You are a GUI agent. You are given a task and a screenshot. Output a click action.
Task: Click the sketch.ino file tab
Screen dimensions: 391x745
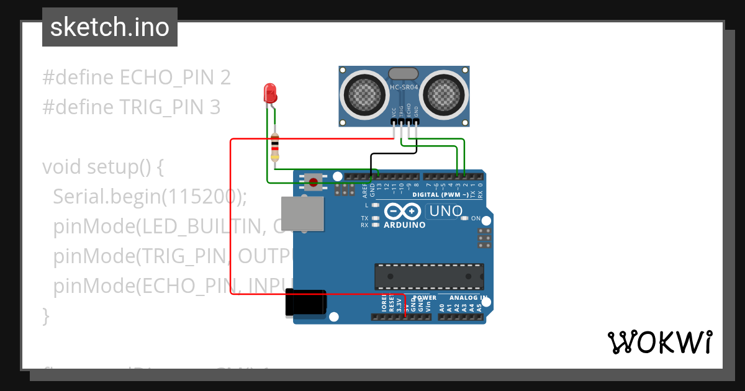pos(110,27)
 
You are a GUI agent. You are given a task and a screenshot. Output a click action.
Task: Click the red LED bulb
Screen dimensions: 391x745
pos(270,94)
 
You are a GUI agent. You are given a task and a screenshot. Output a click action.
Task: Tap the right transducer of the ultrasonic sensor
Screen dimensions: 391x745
pos(445,94)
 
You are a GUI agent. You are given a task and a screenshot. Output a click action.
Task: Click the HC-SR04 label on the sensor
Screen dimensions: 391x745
pos(404,87)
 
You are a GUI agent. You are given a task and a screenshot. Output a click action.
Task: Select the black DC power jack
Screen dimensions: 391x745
pos(305,303)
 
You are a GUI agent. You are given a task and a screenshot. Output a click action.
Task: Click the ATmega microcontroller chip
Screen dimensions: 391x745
pos(428,276)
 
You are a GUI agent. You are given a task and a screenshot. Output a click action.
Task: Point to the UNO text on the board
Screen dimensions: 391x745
pos(446,211)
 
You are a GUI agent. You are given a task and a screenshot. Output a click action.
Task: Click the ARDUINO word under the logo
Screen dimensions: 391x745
pos(405,225)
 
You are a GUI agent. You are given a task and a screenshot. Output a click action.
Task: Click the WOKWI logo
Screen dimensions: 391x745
pos(659,342)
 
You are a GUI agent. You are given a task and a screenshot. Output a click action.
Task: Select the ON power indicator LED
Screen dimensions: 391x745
pos(466,218)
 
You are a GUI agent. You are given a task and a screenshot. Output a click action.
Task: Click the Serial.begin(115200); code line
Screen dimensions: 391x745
pos(150,196)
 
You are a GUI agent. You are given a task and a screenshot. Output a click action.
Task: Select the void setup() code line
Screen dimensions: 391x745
pos(102,167)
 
